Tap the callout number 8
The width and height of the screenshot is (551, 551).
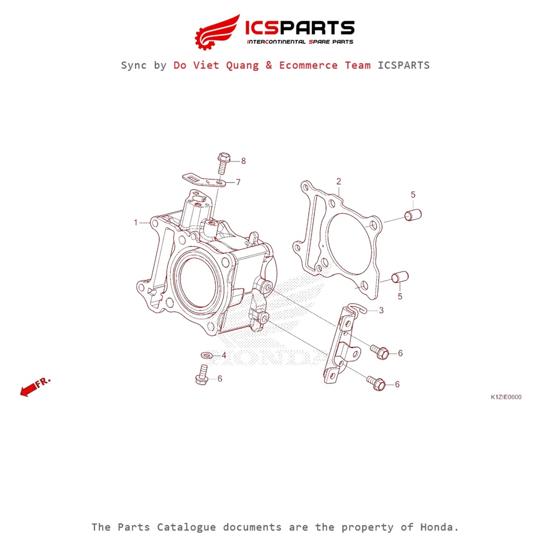243,161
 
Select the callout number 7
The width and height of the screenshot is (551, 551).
238,182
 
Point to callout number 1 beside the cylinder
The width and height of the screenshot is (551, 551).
136,222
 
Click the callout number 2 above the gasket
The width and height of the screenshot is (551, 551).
338,181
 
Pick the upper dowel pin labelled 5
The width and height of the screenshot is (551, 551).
413,215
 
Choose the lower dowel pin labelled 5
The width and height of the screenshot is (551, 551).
400,277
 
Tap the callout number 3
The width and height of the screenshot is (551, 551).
382,310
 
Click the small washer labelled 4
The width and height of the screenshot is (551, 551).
207,355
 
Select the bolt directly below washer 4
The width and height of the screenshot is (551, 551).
202,375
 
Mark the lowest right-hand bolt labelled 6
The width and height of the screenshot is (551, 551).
376,383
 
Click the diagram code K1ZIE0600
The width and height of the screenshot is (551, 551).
506,397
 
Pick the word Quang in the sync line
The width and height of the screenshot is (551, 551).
243,66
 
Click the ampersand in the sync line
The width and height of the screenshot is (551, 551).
269,65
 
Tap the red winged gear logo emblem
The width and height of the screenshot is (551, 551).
217,32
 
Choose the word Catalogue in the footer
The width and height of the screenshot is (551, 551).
186,528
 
